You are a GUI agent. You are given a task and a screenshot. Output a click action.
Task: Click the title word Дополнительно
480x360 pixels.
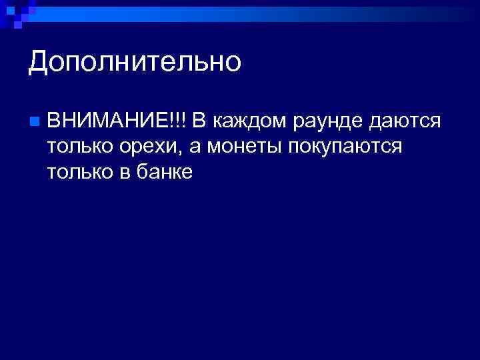135,62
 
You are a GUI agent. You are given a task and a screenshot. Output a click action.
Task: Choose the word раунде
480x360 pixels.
323,122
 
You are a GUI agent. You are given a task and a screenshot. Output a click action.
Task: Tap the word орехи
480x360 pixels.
143,148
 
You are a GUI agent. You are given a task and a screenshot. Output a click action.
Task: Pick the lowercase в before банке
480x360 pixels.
123,173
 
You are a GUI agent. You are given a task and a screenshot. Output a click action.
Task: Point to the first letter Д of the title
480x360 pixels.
39,63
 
